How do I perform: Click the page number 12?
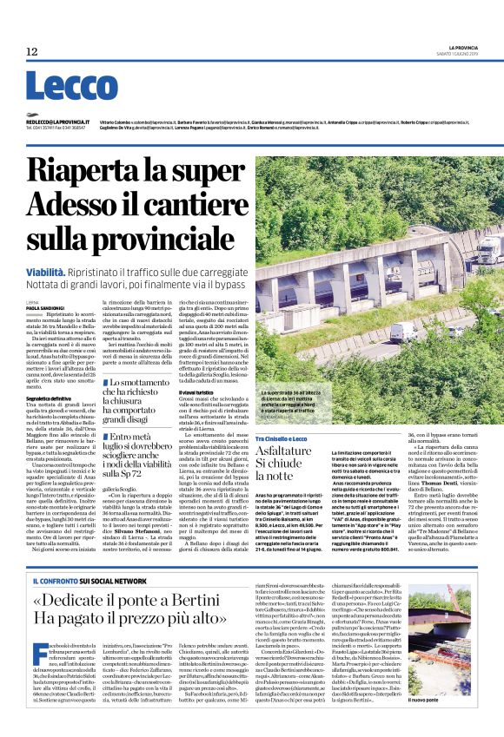(32, 52)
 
